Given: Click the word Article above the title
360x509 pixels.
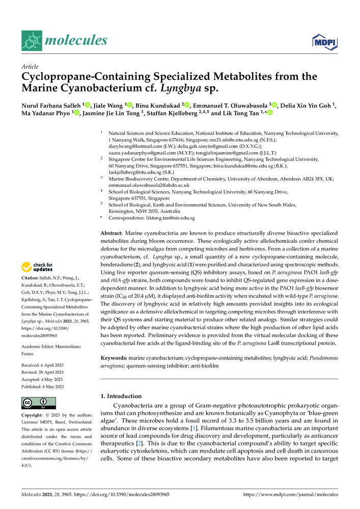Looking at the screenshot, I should click(x=30, y=67).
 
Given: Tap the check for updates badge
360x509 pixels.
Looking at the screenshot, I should click(x=37, y=267).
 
